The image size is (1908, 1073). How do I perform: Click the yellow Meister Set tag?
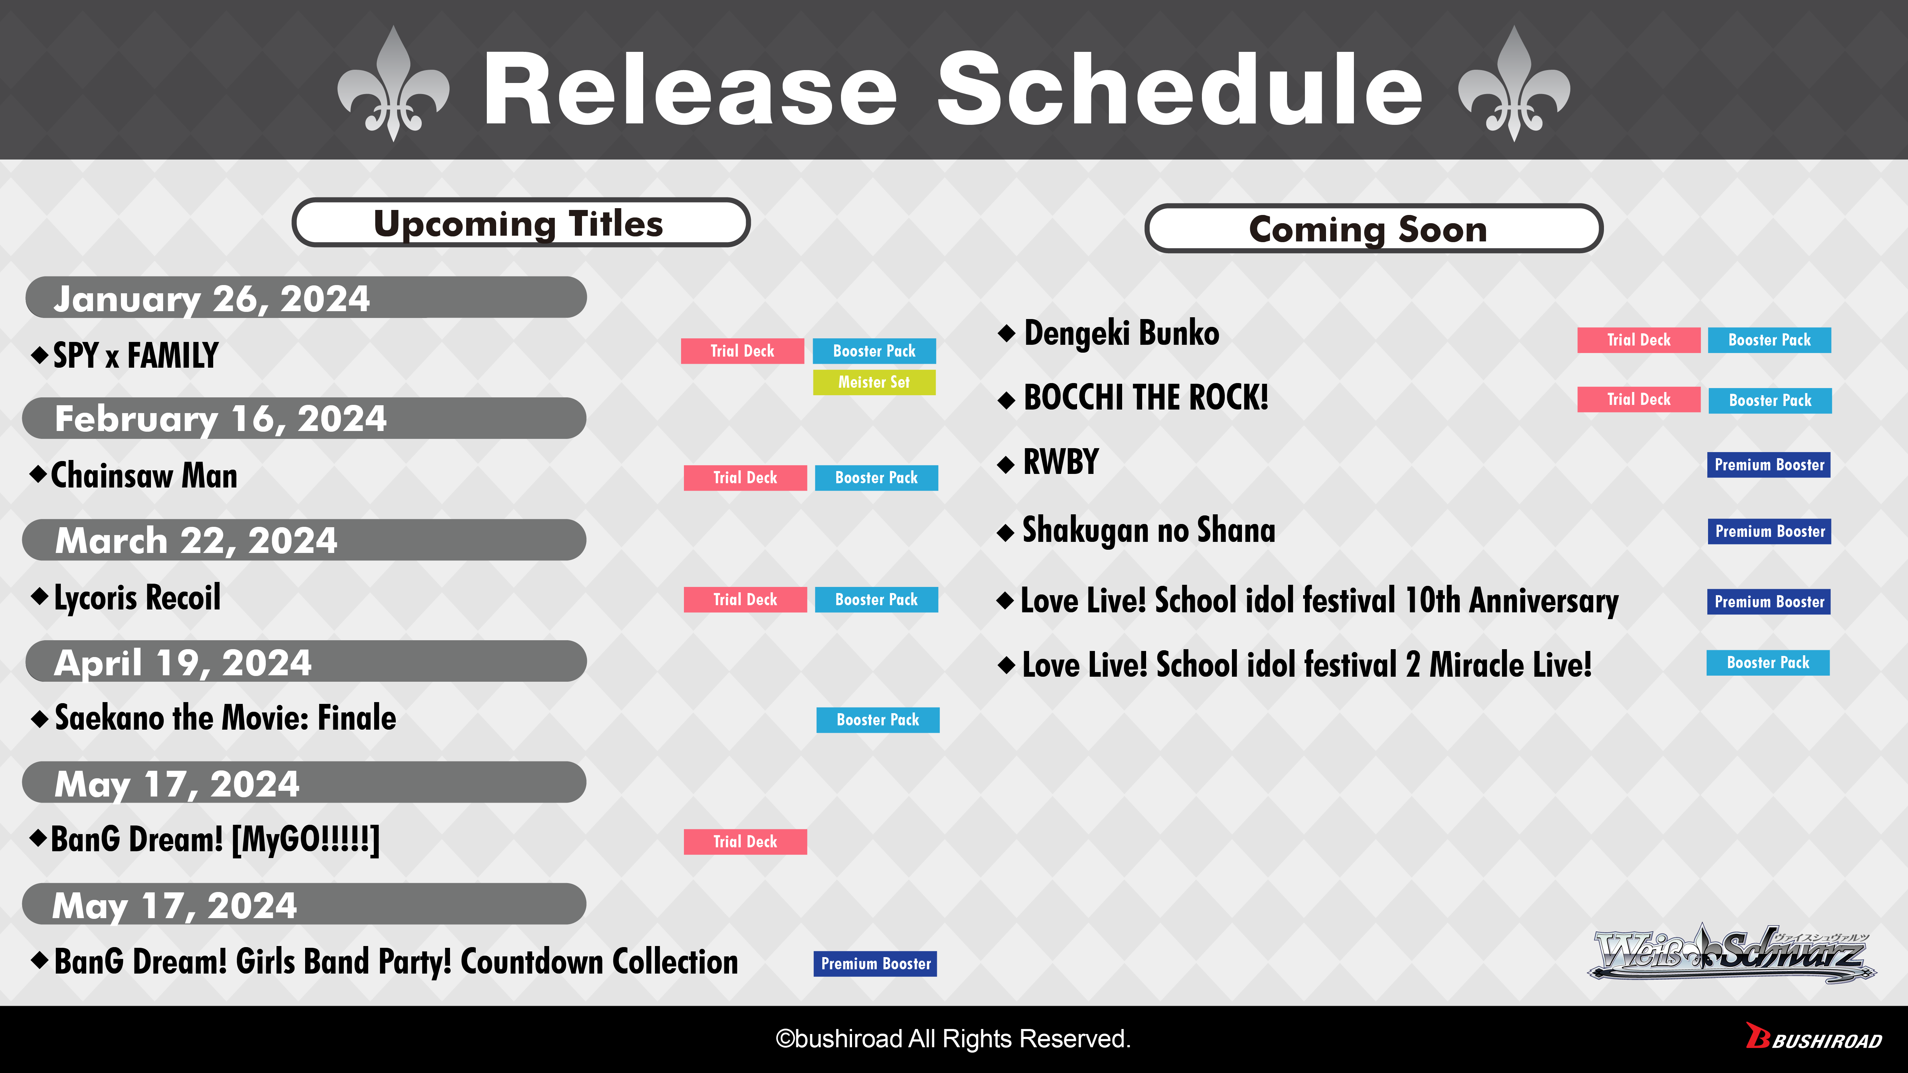pyautogui.click(x=874, y=382)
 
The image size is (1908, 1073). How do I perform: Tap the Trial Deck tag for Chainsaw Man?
pyautogui.click(x=745, y=477)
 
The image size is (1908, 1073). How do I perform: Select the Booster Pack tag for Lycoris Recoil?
pyautogui.click(x=876, y=600)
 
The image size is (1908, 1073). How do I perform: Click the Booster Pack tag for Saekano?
pyautogui.click(x=878, y=720)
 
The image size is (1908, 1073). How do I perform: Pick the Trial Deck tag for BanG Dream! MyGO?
pyautogui.click(x=745, y=842)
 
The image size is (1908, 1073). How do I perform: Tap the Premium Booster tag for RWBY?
pyautogui.click(x=1769, y=465)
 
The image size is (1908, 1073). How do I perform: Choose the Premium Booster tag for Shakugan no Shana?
pyautogui.click(x=1770, y=532)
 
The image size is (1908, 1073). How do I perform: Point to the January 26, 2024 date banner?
pyautogui.click(x=306, y=298)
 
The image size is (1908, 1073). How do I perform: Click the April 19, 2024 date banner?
pyautogui.click(x=306, y=661)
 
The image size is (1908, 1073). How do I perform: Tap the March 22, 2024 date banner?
pyautogui.click(x=304, y=540)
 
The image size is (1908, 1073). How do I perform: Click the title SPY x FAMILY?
pyautogui.click(x=136, y=356)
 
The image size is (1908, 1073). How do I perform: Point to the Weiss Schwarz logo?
pyautogui.click(x=1732, y=954)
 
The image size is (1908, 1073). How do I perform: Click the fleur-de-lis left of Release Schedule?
pyautogui.click(x=393, y=84)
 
